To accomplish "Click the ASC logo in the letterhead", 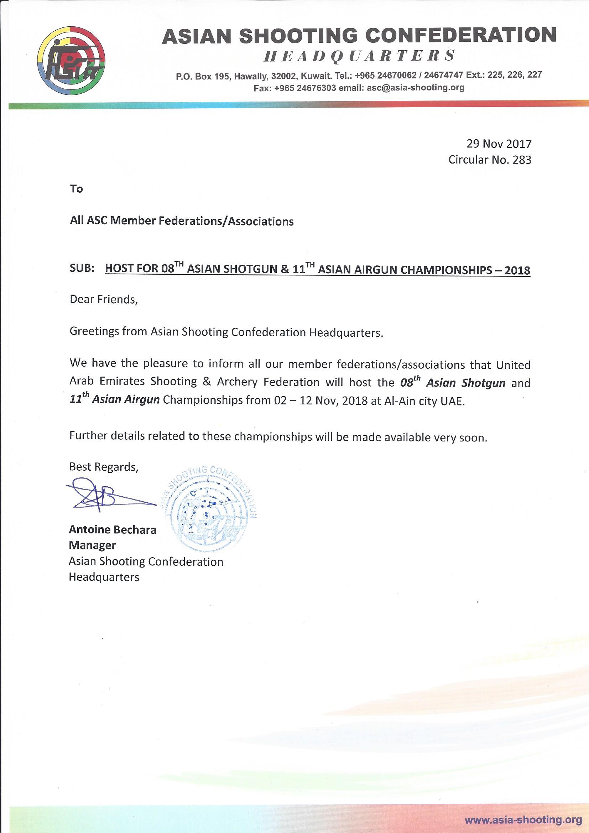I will [72, 61].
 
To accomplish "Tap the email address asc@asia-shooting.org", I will [415, 87].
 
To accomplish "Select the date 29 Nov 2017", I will [499, 144].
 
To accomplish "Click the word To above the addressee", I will [77, 189].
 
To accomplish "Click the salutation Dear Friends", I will [103, 300].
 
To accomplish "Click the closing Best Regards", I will [104, 467].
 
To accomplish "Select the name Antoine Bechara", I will [113, 530].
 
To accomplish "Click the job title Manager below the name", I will [92, 545].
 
